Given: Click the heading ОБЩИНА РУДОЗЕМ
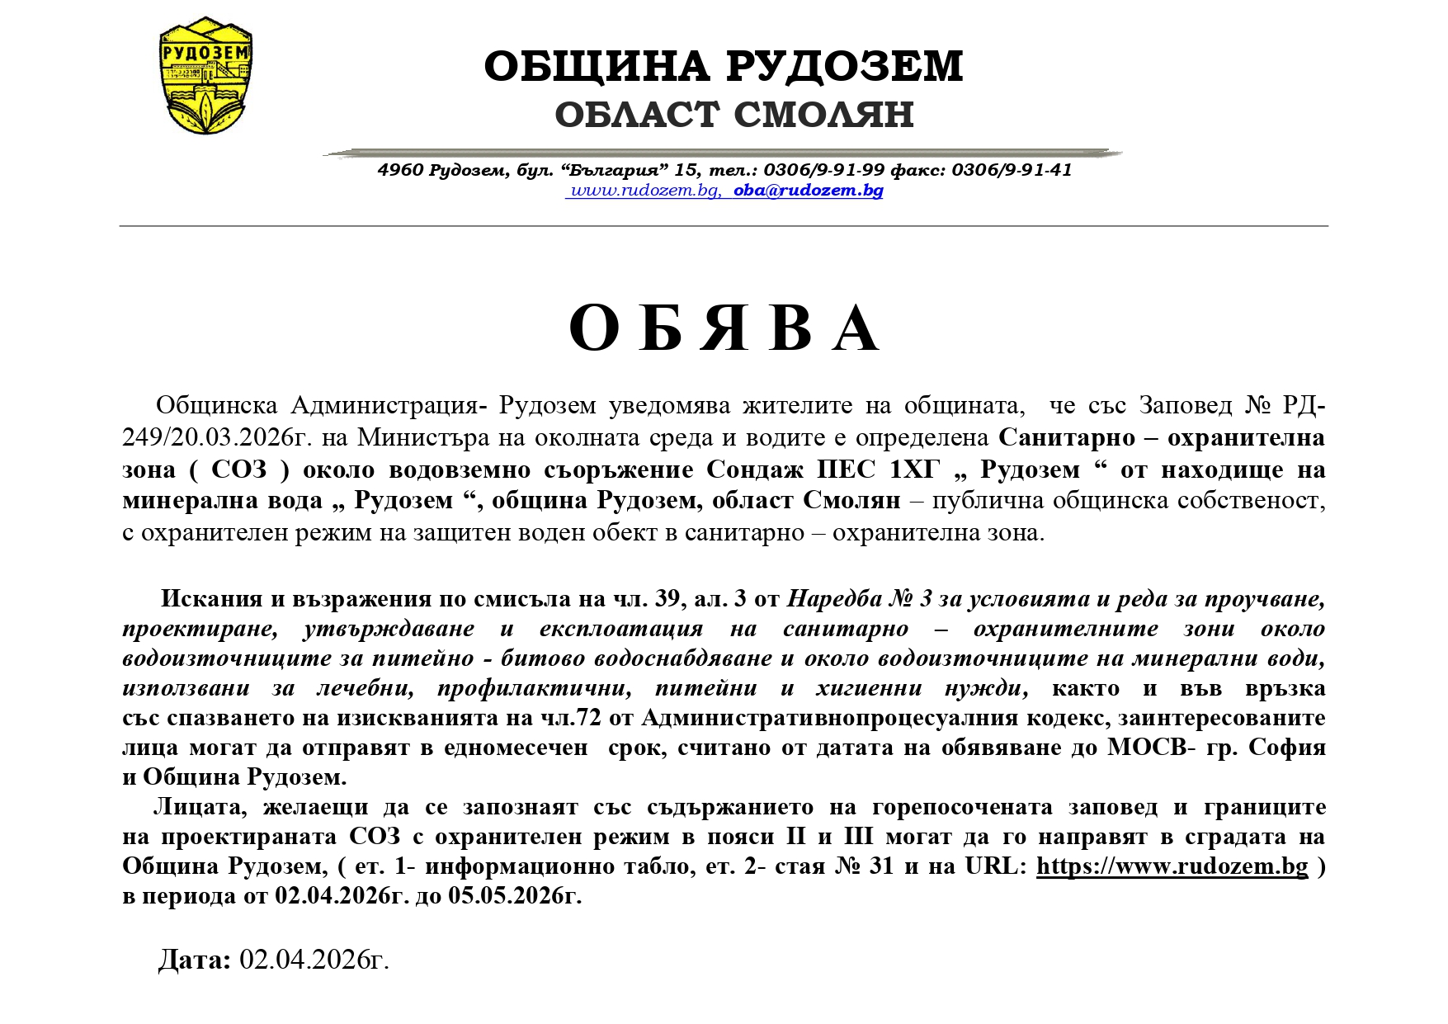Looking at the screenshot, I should coord(724,66).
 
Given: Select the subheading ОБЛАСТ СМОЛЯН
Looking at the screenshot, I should coord(733,114).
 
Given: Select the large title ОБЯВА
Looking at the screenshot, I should coord(724,328).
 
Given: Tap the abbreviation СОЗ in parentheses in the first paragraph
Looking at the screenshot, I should coord(239,470).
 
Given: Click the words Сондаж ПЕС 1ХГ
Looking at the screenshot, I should coord(823,470).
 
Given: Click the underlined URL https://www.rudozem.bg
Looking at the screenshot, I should coord(1172,866).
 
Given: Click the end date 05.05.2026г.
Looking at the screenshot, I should coord(515,896).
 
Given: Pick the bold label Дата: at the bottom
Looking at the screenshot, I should coord(195,960).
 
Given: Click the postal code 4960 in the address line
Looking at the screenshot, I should coord(400,170).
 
